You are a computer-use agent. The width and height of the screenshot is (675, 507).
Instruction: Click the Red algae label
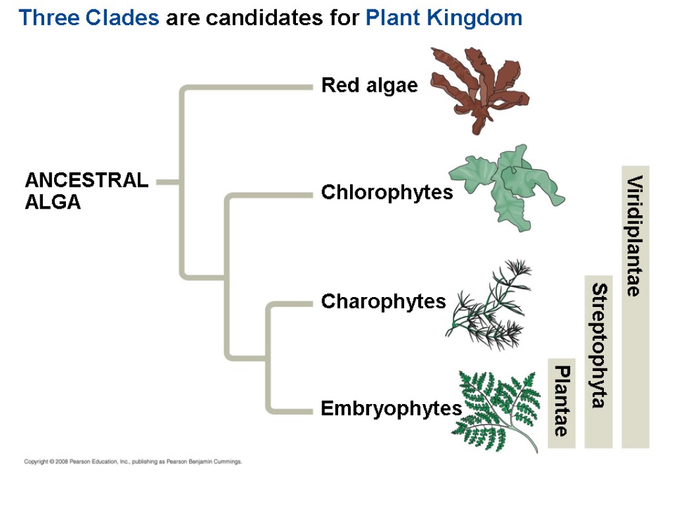pos(369,86)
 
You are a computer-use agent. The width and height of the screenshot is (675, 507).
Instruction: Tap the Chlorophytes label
pos(387,193)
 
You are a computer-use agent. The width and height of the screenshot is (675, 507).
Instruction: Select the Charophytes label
pos(383,302)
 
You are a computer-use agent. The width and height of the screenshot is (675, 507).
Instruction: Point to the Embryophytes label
pos(391,409)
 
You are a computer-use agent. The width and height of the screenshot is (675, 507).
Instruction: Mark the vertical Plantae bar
pos(562,402)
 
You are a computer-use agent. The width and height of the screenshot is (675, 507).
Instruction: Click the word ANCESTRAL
pos(86,181)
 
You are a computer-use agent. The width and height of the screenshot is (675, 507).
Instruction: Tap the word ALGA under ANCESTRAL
pos(53,203)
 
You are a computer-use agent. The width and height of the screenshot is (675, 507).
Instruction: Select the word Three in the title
pos(49,18)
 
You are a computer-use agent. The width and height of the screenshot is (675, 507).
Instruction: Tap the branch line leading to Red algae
pos(250,86)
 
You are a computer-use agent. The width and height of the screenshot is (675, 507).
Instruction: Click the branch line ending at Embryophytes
pos(290,410)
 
